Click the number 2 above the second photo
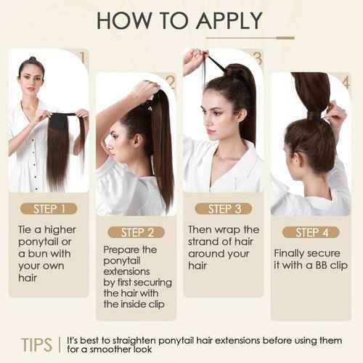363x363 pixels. pos(171,81)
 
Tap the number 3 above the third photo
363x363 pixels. pos(257,56)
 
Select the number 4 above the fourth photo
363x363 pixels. pos(344,81)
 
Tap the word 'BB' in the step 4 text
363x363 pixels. pos(312,266)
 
